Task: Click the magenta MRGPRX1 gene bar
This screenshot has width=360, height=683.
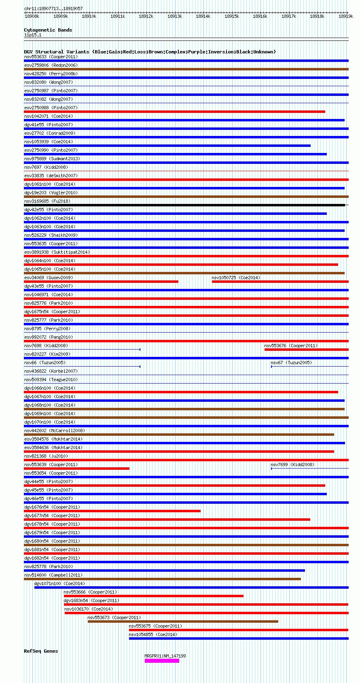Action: [162, 661]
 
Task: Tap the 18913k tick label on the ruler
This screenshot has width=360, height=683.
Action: [175, 16]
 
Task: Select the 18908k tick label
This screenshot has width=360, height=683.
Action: [32, 16]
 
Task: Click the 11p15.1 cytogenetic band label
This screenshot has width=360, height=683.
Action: [33, 35]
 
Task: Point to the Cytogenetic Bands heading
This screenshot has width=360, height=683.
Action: [48, 30]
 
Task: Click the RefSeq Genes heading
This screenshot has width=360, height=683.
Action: [41, 651]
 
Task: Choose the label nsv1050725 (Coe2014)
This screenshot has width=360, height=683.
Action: [236, 278]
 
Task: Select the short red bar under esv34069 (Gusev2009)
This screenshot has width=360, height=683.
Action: [101, 282]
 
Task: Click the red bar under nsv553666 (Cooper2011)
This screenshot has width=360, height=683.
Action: [153, 596]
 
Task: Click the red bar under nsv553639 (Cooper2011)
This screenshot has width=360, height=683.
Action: [77, 469]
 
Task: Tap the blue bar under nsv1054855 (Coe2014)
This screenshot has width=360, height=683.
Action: [239, 638]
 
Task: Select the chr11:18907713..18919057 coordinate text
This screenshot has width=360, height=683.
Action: [53, 8]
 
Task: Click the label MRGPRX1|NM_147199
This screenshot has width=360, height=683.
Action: [165, 656]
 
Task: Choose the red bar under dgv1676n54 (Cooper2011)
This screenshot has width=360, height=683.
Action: [112, 511]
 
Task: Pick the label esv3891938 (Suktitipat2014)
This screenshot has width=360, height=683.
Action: [57, 252]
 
